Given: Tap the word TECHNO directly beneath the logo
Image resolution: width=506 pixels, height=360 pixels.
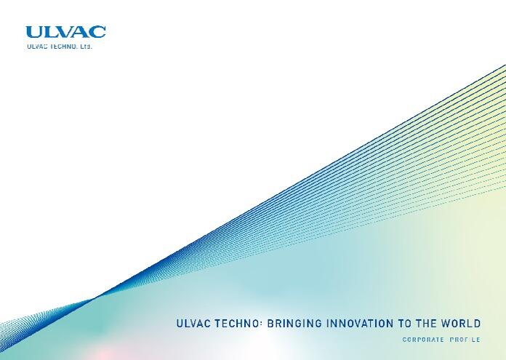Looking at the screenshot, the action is tap(64, 47).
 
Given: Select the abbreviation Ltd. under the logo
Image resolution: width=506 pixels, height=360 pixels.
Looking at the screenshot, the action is tap(86, 47).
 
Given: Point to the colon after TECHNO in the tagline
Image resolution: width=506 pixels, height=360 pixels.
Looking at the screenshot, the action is tap(260, 324).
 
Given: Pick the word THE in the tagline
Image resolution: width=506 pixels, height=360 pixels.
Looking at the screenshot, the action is tap(426, 323).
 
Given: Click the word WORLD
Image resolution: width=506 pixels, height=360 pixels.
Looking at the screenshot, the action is tap(460, 323).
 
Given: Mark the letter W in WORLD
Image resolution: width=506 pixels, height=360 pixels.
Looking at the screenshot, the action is tap(446, 323).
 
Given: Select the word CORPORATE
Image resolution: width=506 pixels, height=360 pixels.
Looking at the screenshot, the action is tap(423, 340).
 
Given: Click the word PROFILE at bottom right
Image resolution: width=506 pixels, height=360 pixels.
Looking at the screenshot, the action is tap(465, 340).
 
